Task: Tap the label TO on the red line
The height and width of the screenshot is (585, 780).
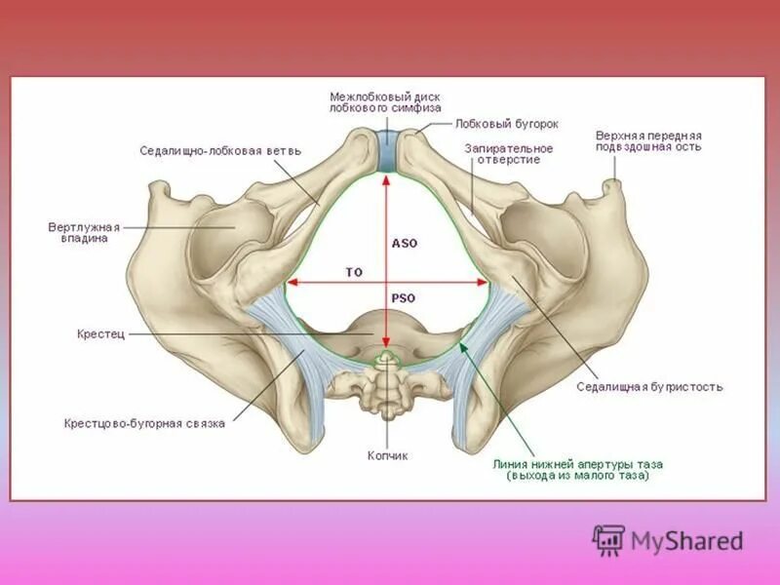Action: [354, 271]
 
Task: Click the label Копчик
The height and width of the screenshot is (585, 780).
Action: [387, 455]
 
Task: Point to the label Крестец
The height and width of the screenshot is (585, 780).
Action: [100, 333]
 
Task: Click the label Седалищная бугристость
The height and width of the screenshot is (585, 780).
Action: [649, 386]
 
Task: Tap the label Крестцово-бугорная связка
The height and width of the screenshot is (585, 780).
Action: [144, 423]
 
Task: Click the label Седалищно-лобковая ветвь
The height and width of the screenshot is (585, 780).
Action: [220, 151]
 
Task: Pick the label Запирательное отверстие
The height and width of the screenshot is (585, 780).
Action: [508, 153]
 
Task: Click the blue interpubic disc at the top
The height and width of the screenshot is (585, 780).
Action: [386, 151]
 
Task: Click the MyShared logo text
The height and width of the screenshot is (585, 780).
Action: [686, 540]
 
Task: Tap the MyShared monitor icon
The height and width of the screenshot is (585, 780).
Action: [608, 539]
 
